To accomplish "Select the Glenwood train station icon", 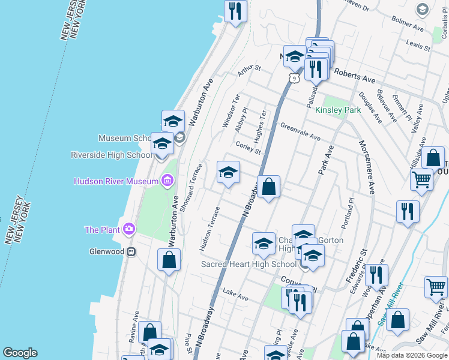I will (x=130, y=252).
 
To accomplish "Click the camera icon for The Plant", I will (x=128, y=229).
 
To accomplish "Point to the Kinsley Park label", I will (x=338, y=110).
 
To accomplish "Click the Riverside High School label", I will (x=111, y=155).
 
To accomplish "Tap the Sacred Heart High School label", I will (x=249, y=264).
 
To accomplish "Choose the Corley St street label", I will (x=249, y=148).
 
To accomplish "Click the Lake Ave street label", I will (x=235, y=295).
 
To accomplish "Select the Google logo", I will (x=20, y=353).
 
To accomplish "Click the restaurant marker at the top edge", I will (x=235, y=11).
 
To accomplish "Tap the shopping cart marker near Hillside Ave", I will (x=422, y=179).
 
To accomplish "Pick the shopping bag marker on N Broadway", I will (x=269, y=187).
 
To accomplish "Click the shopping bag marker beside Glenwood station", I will (x=169, y=260).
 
